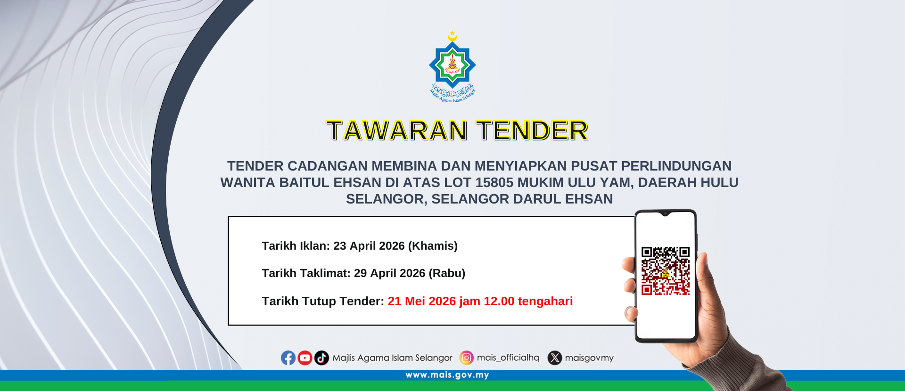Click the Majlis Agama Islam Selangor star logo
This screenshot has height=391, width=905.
(x=452, y=66)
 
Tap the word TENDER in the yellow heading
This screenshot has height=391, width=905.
(x=532, y=130)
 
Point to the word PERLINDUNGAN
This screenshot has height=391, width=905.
(x=676, y=166)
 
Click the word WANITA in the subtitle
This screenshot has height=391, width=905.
(x=248, y=182)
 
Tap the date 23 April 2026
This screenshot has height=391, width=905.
(x=369, y=246)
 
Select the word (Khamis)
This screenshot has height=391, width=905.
(x=433, y=246)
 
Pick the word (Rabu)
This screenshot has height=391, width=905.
(x=447, y=273)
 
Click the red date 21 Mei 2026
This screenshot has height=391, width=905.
(x=422, y=301)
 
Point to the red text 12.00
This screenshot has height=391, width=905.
(x=499, y=301)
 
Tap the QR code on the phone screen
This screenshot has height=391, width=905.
(x=666, y=271)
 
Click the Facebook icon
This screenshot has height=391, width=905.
(x=288, y=358)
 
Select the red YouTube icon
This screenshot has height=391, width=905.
(x=305, y=358)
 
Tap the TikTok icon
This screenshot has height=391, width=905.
(x=321, y=358)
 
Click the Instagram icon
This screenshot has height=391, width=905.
(x=467, y=358)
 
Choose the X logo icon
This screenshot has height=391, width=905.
(x=555, y=358)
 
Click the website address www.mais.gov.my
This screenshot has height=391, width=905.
(x=447, y=375)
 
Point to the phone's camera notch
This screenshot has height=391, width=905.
(x=665, y=214)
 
